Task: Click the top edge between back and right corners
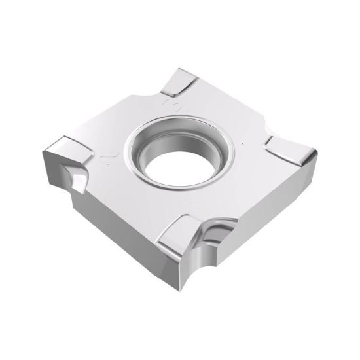click(229, 98)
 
